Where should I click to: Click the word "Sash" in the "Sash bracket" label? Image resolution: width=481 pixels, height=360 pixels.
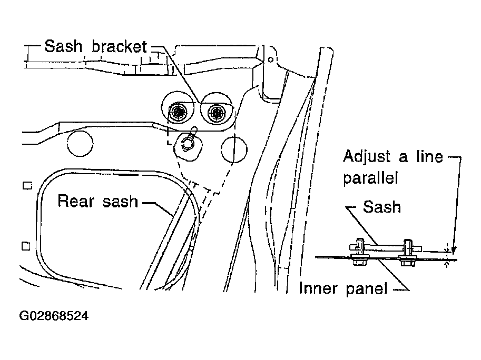click(x=64, y=46)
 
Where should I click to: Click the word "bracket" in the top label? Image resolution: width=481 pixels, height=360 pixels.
click(x=120, y=46)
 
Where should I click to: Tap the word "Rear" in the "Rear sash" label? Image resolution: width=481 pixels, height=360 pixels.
click(x=76, y=201)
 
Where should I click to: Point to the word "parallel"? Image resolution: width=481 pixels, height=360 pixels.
click(x=370, y=178)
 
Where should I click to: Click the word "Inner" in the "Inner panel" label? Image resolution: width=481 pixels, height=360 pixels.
click(x=318, y=288)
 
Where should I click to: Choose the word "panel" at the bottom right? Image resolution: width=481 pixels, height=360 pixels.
click(x=367, y=289)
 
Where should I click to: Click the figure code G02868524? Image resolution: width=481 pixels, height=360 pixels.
click(x=54, y=316)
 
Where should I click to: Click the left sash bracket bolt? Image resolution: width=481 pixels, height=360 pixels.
click(x=178, y=113)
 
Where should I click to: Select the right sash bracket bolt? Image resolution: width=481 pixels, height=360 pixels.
click(x=216, y=113)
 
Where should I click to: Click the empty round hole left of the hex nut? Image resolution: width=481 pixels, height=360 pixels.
click(x=80, y=143)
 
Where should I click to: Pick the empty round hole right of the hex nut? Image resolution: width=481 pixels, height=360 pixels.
click(x=234, y=149)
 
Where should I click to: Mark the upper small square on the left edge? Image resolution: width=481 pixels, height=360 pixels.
click(x=27, y=186)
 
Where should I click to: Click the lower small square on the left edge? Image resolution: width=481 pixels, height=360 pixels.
click(x=26, y=246)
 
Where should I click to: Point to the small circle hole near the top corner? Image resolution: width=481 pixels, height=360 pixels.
click(x=271, y=59)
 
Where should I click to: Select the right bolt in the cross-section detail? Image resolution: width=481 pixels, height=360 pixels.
click(x=407, y=253)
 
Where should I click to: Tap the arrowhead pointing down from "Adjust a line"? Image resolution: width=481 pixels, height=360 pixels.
click(x=454, y=251)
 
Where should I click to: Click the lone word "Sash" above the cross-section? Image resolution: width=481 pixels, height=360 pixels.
click(x=382, y=207)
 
